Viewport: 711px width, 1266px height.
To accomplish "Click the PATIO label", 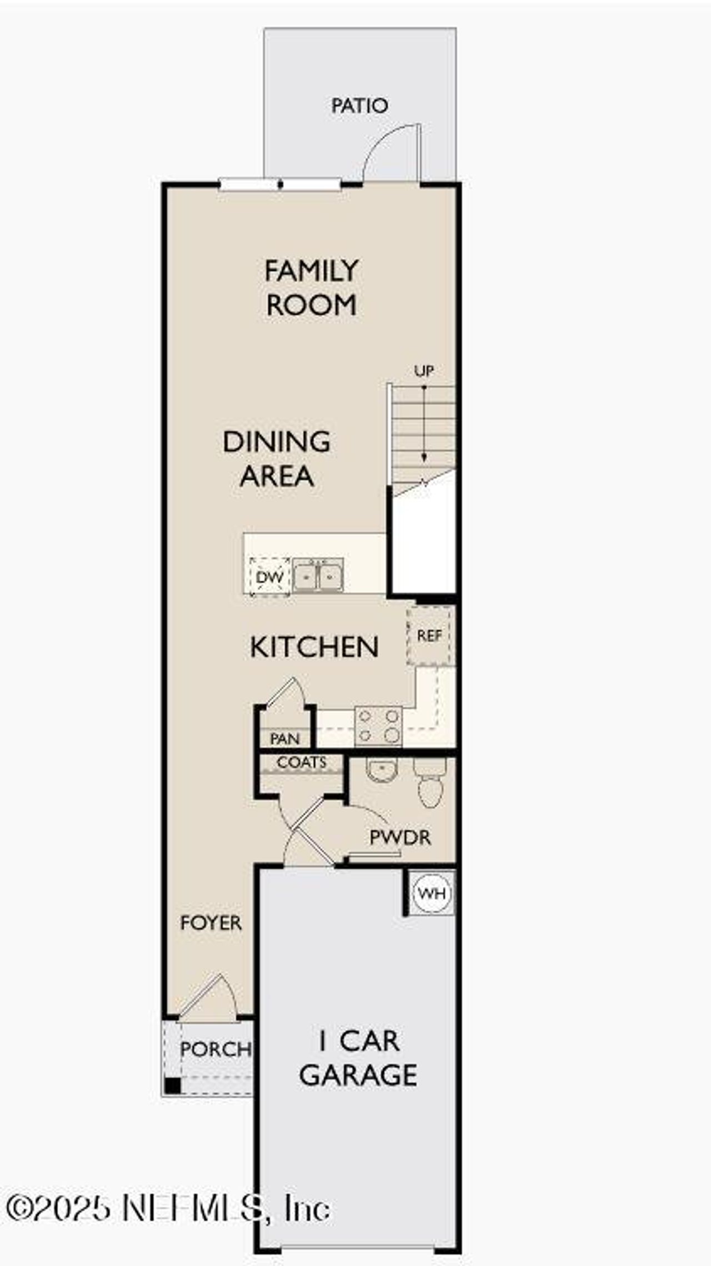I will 359,105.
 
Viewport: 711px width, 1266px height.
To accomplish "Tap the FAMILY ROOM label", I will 311,288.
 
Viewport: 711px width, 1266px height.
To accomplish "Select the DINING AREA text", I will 277,458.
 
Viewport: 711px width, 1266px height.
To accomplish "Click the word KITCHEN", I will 314,647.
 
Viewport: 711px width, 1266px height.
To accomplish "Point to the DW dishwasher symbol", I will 270,577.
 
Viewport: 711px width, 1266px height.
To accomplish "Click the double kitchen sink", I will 318,576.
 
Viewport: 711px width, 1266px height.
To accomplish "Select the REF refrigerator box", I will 430,635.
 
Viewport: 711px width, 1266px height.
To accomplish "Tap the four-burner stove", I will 379,725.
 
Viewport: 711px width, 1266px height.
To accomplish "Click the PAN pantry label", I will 284,739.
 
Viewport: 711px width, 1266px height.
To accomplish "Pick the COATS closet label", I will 302,762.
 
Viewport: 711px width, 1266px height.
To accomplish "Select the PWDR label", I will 400,838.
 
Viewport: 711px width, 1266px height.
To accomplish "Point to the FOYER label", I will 211,923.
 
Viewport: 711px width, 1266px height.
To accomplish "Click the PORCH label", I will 216,1048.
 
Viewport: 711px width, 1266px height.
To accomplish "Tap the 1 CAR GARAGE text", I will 358,1058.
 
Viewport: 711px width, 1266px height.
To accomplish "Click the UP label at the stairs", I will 424,371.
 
